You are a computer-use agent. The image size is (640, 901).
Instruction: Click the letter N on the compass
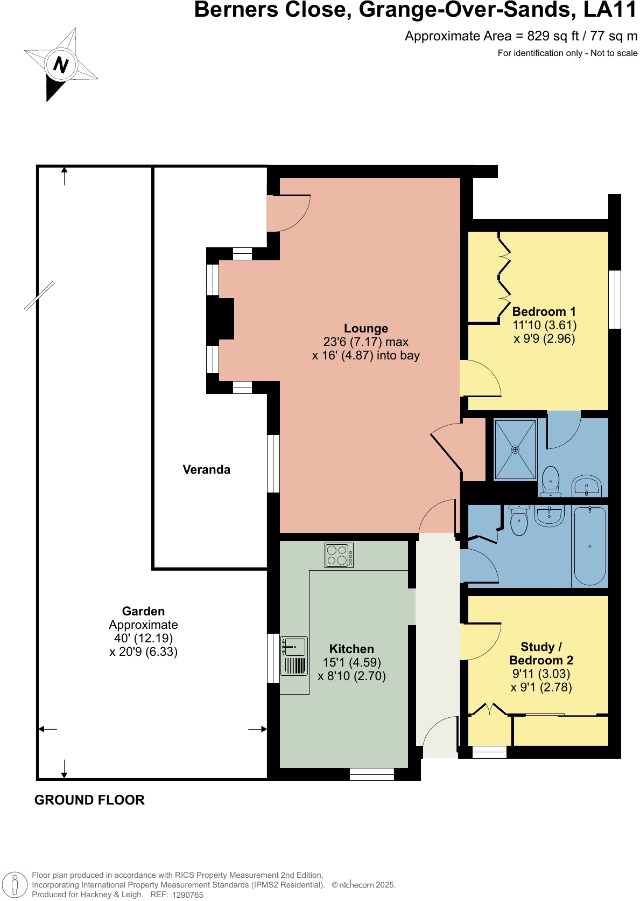61,65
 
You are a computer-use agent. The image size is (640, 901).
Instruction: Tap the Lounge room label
365,329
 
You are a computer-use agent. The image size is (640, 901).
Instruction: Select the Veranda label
206,470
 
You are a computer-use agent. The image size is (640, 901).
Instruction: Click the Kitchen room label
351,649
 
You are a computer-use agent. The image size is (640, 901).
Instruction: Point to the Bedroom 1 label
544,312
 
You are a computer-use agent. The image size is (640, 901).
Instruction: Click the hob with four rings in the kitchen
339,556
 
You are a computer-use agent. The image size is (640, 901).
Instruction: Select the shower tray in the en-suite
515,449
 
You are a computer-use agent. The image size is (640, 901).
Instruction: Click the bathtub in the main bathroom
590,546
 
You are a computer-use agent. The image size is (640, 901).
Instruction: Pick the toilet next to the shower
551,481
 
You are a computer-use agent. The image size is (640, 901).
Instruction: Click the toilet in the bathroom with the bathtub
519,520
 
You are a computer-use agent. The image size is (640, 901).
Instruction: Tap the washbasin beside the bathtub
548,515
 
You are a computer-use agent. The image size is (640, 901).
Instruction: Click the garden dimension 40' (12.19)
143,639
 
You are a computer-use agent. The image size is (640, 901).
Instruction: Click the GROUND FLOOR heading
89,800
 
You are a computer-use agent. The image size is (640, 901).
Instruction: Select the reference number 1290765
187,895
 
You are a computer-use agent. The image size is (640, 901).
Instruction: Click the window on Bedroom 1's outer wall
614,299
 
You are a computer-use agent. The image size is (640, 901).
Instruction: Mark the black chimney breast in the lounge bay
220,318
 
